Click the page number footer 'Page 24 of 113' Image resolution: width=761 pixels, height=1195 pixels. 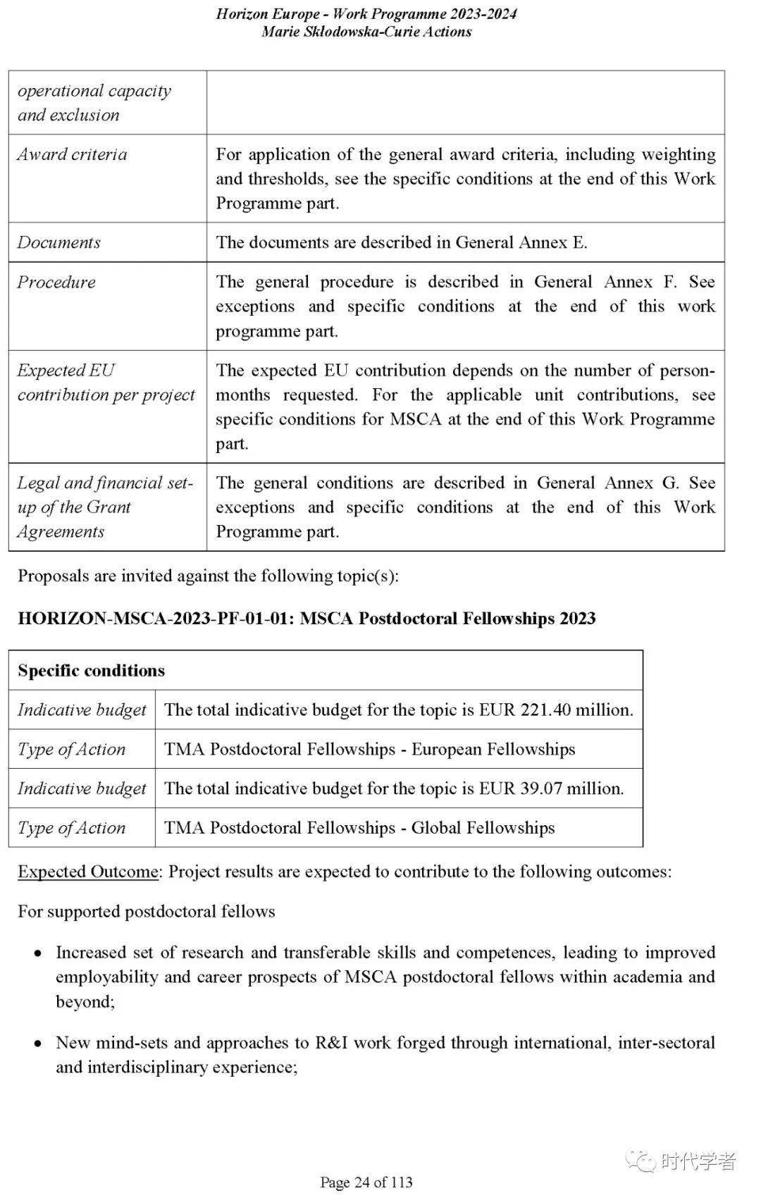[366, 1182]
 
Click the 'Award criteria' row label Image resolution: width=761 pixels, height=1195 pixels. [72, 154]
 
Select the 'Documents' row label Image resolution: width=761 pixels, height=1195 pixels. [59, 242]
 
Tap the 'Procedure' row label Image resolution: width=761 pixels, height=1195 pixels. [56, 282]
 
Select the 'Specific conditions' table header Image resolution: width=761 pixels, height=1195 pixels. [92, 670]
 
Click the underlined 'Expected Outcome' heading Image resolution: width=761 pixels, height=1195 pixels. [88, 872]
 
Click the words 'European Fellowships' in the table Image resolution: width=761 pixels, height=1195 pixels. [493, 749]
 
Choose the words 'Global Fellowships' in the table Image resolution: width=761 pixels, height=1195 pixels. [483, 828]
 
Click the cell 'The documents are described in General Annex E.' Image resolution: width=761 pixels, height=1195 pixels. [402, 242]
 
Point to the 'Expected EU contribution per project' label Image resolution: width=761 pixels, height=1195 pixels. [106, 382]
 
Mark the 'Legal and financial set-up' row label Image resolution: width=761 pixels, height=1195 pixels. [104, 507]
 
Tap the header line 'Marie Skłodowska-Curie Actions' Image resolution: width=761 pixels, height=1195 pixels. [366, 32]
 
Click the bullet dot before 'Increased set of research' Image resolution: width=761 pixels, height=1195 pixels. [38, 953]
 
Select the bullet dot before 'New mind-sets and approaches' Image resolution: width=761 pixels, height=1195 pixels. [38, 1044]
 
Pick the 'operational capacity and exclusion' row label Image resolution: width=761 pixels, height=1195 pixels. [94, 102]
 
